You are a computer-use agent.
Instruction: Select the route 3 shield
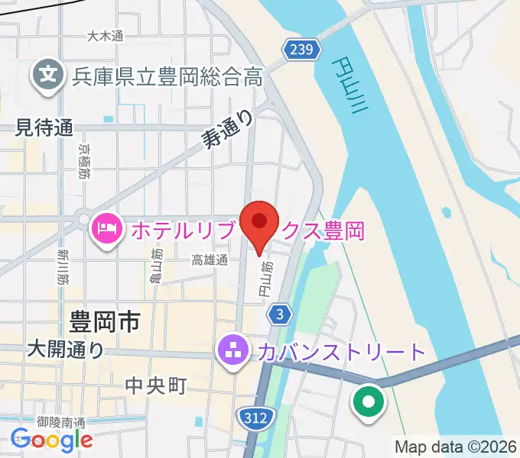point(281,314)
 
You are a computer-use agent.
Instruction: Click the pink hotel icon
point(106,227)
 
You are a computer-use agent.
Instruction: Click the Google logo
point(51,439)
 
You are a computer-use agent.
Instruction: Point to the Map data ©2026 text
point(454,447)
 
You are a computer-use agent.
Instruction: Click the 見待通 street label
point(44,128)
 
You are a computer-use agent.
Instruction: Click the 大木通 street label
point(105,35)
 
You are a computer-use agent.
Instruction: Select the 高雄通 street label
point(210,260)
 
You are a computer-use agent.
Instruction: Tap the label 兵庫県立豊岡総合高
point(167,76)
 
